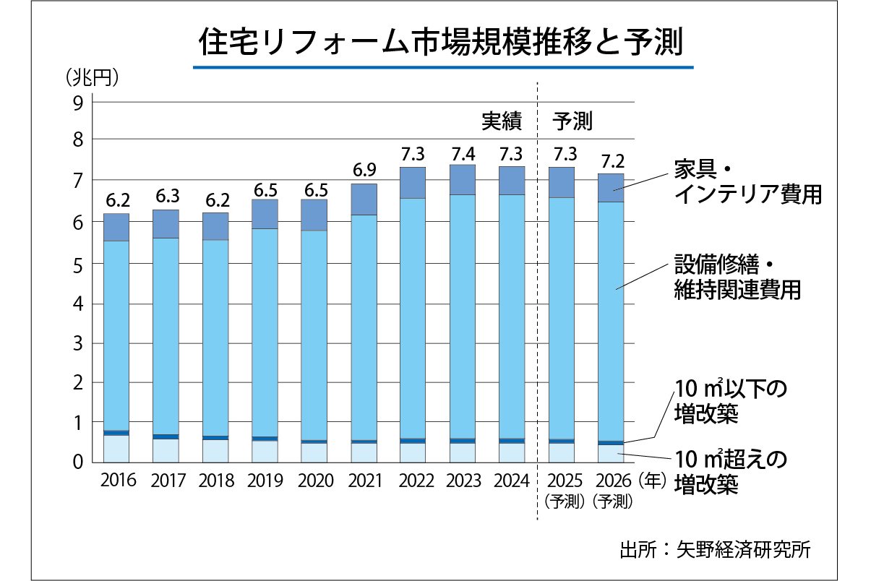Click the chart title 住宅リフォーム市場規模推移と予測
click(441, 43)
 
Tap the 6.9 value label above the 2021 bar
click(364, 172)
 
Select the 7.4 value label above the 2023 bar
click(462, 154)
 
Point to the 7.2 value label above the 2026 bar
click(611, 163)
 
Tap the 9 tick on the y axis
click(78, 101)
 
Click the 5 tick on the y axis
click(78, 264)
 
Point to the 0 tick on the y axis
click(78, 461)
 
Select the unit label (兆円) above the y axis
click(93, 77)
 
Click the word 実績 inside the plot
click(502, 121)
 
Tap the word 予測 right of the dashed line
click(572, 121)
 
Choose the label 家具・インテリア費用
click(747, 182)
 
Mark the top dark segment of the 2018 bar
click(215, 226)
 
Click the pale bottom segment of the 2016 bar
click(116, 448)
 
